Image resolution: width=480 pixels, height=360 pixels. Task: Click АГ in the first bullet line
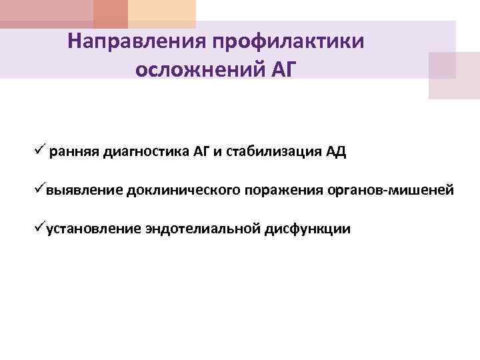[x=201, y=151]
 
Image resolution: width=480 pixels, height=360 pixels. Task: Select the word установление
[x=94, y=229]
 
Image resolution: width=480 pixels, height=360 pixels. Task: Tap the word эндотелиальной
[x=204, y=229]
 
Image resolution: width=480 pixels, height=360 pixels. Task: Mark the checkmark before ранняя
[x=41, y=150]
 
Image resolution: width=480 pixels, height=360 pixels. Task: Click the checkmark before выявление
[x=41, y=189]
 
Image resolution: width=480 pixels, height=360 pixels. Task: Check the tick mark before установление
[x=41, y=228]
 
